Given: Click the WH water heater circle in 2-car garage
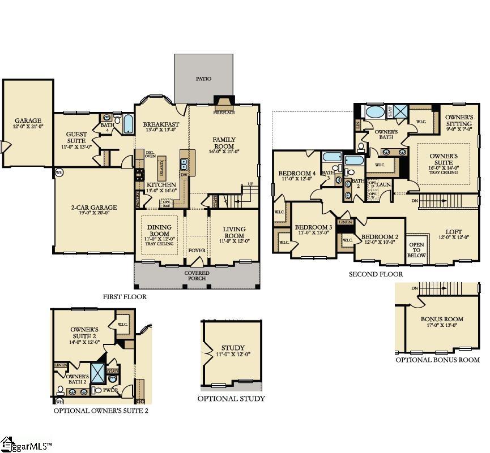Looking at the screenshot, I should click(x=59, y=172).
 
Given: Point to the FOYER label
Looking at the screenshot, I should click(x=197, y=249).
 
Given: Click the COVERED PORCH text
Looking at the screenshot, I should click(x=197, y=275).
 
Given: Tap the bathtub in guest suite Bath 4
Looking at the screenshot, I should click(x=127, y=123).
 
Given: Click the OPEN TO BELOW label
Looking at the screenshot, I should click(x=417, y=249).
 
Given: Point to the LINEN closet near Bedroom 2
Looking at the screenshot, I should click(x=345, y=222).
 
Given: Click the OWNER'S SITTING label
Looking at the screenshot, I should click(x=458, y=120).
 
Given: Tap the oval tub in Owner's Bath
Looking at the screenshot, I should click(x=374, y=111).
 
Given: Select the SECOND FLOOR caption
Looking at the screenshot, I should click(x=376, y=274).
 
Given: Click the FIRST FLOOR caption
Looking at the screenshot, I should click(x=125, y=296).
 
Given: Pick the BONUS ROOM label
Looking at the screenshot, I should click(x=442, y=319).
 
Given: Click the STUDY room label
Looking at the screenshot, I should click(x=233, y=348).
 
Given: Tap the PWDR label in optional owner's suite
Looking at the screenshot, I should click(x=112, y=390).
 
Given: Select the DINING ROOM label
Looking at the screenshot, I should click(x=159, y=231).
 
